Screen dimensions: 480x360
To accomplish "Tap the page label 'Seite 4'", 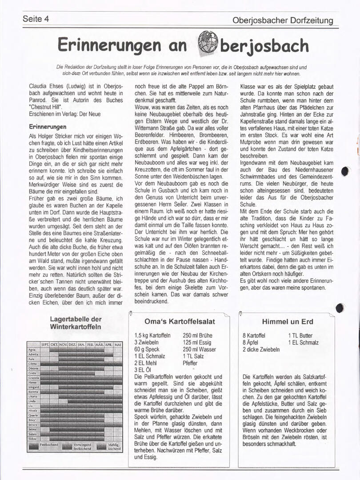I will (x=36, y=19).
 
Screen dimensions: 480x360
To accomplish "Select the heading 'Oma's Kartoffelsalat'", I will (x=180, y=321).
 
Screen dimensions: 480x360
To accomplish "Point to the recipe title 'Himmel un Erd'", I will (x=288, y=321).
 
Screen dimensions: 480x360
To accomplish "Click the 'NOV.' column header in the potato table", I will (x=63, y=344).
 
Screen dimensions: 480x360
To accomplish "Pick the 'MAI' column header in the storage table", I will (x=118, y=344).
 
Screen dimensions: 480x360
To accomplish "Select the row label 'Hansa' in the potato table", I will (x=33, y=382).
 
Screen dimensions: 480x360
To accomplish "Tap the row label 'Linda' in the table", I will (x=32, y=401).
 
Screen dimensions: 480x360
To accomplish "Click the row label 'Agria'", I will (x=32, y=350).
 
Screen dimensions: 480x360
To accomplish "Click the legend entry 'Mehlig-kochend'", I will (x=114, y=447).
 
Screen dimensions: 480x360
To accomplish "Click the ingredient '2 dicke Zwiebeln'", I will (x=261, y=349).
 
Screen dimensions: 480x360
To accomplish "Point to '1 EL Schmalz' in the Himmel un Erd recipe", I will (x=303, y=343).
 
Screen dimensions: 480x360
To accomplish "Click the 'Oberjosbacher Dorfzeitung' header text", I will (x=283, y=20).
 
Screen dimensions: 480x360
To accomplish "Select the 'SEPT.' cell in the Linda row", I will (x=45, y=401).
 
